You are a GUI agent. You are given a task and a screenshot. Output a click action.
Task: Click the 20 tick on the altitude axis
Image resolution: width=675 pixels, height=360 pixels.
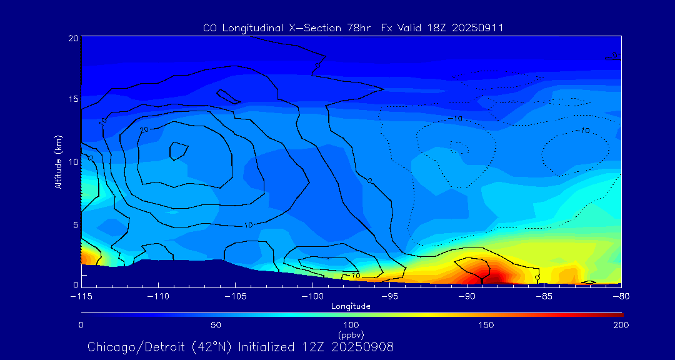click(72, 38)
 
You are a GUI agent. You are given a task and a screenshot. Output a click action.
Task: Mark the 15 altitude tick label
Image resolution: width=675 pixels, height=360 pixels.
click(72, 99)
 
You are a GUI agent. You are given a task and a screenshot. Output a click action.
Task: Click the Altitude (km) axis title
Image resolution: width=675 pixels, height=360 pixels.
click(58, 162)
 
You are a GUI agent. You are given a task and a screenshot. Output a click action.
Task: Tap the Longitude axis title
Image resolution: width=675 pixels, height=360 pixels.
click(351, 306)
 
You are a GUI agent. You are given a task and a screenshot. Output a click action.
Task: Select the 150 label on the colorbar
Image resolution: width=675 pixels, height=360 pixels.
click(486, 325)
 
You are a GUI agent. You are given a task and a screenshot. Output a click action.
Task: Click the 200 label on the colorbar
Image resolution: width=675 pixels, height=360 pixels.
click(621, 325)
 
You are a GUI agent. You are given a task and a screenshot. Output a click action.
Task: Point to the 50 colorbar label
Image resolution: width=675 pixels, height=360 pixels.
click(216, 325)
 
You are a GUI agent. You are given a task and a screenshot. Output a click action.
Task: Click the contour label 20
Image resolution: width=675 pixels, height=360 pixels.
click(143, 129)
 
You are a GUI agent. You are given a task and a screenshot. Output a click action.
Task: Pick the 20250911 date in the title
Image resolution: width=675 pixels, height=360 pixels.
click(477, 28)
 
